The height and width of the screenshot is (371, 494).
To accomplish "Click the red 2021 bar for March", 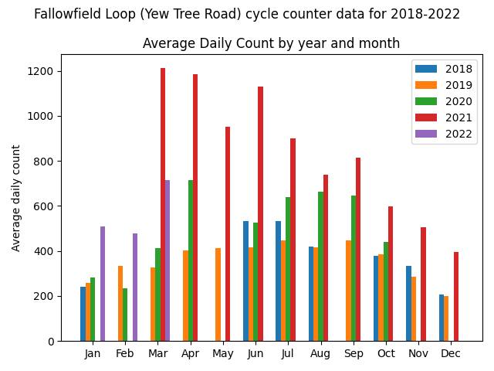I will [x=163, y=205].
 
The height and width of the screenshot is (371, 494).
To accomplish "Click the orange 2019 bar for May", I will [x=218, y=294].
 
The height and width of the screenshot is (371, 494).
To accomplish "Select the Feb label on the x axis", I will [x=125, y=354].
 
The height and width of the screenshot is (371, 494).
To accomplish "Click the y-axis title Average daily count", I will [x=16, y=198].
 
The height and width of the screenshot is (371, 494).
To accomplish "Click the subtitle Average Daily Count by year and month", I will [x=271, y=43].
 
